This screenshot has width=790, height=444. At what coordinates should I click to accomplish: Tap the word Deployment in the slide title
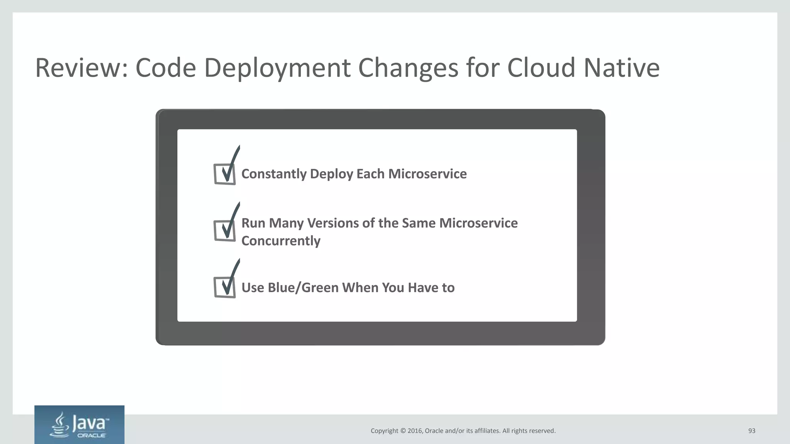277,68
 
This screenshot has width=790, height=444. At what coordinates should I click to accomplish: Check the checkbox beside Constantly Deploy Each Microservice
225,174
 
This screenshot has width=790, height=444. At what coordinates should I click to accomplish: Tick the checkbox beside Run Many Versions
225,230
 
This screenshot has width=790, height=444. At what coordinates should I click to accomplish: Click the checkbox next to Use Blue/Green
225,287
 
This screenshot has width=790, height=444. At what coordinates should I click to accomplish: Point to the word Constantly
274,174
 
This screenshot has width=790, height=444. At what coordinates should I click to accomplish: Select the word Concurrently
281,241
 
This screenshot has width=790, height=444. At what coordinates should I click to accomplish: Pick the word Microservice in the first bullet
427,174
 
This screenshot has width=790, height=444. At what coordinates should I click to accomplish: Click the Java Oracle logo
79,425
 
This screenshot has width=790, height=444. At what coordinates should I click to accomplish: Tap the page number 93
751,431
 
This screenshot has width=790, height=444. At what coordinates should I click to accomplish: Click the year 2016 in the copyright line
415,431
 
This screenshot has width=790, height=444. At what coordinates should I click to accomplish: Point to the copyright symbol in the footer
403,431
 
